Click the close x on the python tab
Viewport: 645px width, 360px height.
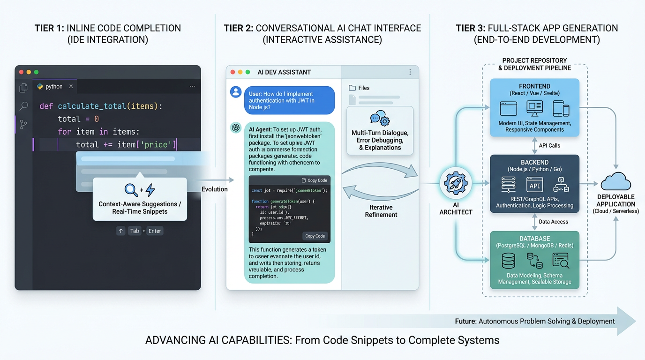(71, 86)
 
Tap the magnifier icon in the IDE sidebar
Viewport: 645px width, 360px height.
(23, 106)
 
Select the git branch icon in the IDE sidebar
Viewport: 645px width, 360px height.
(23, 124)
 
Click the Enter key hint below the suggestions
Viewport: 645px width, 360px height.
(155, 231)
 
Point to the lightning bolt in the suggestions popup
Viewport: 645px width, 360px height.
(150, 190)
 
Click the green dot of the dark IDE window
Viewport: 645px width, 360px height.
(36, 72)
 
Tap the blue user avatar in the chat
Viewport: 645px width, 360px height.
(236, 92)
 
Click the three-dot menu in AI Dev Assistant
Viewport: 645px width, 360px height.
(410, 72)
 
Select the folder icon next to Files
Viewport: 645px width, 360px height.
(352, 88)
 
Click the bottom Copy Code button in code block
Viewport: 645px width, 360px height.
(315, 236)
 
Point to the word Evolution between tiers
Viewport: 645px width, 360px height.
(215, 189)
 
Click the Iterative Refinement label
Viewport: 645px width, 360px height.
(381, 211)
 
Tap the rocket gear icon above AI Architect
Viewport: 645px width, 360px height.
(456, 183)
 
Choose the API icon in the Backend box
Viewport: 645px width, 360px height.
(534, 185)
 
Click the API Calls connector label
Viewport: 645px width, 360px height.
(549, 146)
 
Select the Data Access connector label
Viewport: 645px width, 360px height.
(553, 222)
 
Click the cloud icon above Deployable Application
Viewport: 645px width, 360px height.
(615, 181)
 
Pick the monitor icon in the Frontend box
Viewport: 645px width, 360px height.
(534, 108)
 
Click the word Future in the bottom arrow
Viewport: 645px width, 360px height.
(465, 322)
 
